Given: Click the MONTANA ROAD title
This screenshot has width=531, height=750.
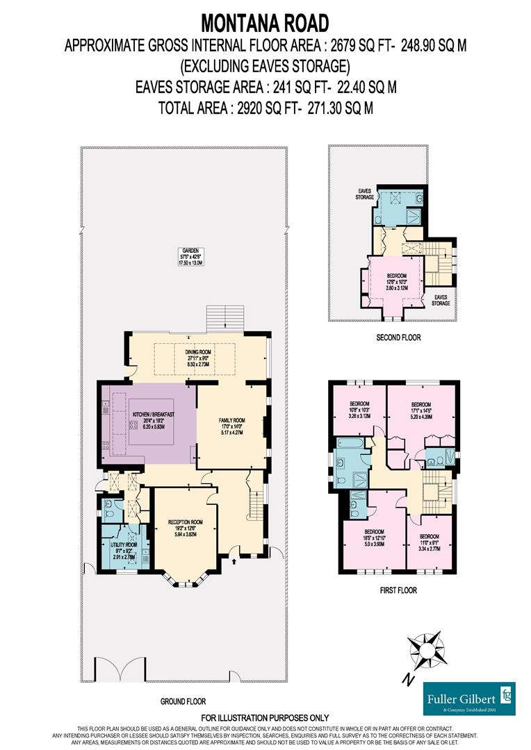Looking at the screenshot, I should pyautogui.click(x=265, y=23).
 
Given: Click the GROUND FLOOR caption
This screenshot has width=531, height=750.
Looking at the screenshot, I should pyautogui.click(x=183, y=701).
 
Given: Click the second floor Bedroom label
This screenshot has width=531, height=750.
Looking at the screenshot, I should pyautogui.click(x=396, y=281).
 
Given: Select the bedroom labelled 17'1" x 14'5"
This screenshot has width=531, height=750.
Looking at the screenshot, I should pyautogui.click(x=421, y=409).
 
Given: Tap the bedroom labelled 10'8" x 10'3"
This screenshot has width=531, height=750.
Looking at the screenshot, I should pyautogui.click(x=359, y=409).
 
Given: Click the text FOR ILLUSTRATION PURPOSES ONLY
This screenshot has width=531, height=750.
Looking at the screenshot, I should pyautogui.click(x=265, y=717).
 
